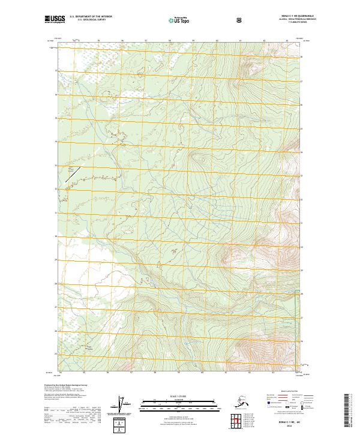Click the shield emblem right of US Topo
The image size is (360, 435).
[x=239, y=20]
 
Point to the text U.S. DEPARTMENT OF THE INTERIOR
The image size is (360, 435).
[x=91, y=17]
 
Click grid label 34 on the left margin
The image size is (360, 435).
[x=56, y=142]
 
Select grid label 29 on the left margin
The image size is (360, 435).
[x=56, y=259]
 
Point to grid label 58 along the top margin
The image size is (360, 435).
[x=170, y=41]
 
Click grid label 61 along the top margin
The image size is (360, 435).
[x=240, y=41]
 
